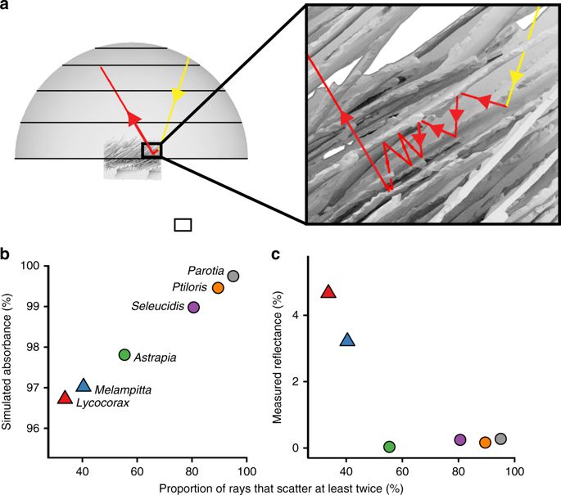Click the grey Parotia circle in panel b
pyautogui.click(x=233, y=276)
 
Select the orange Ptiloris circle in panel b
pyautogui.click(x=218, y=288)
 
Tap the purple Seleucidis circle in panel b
pyautogui.click(x=194, y=307)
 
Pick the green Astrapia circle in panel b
pyautogui.click(x=124, y=354)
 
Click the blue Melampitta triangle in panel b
pyautogui.click(x=83, y=385)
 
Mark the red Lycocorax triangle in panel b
pyautogui.click(x=65, y=398)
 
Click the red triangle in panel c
pyautogui.click(x=328, y=291)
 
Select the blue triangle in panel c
pyautogui.click(x=347, y=340)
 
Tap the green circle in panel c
pyautogui.click(x=389, y=447)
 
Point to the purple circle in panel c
pyautogui.click(x=460, y=439)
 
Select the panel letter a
pyautogui.click(x=6, y=6)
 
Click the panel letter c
pyautogui.click(x=276, y=255)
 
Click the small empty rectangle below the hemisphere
pyautogui.click(x=183, y=224)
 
